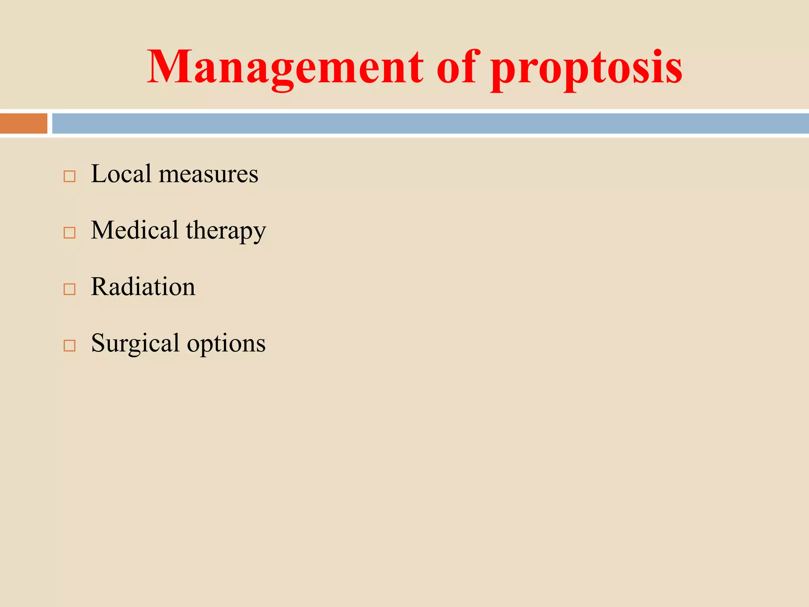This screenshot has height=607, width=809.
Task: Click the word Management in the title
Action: [285, 67]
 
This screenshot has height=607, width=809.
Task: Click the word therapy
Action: [226, 232]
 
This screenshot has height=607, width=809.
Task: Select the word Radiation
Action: [143, 287]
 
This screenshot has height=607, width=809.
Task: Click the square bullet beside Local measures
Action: [70, 176]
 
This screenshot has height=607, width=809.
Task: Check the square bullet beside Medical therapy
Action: [70, 233]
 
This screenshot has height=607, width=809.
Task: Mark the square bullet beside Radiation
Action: [70, 289]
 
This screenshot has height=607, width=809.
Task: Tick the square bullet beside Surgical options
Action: [70, 346]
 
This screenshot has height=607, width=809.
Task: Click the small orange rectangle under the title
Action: [24, 123]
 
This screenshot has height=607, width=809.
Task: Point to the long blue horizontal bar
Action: [431, 123]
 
